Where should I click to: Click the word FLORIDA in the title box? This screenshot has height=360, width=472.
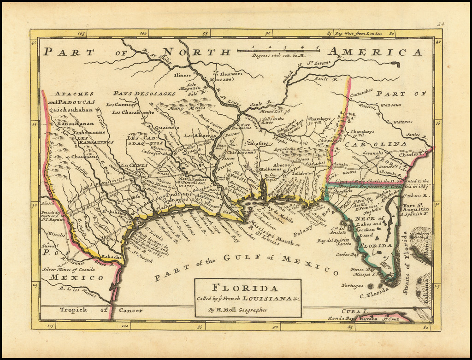248,289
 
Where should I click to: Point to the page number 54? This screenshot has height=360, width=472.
441,24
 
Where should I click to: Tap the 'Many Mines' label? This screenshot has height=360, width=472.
183,108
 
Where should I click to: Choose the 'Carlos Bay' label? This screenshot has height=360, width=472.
347,254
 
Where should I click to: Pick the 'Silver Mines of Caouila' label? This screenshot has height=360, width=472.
68,270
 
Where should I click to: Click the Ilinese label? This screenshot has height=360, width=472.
182,75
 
